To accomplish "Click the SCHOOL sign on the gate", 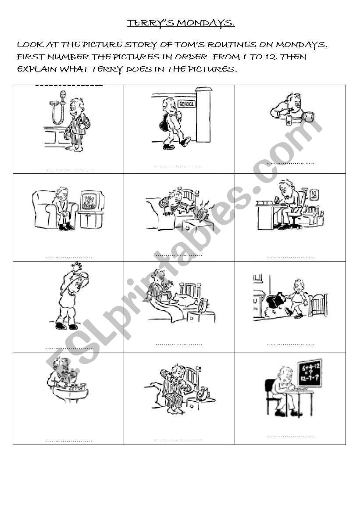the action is click(187, 104).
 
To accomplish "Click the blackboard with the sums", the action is click(310, 373).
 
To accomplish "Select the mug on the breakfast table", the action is click(308, 116).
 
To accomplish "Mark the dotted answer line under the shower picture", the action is click(69, 170).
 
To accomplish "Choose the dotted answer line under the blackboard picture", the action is click(290, 437).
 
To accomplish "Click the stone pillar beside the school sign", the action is click(203, 115).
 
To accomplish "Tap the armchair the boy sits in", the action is click(52, 210).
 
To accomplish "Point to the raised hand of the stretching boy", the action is click(77, 266).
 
